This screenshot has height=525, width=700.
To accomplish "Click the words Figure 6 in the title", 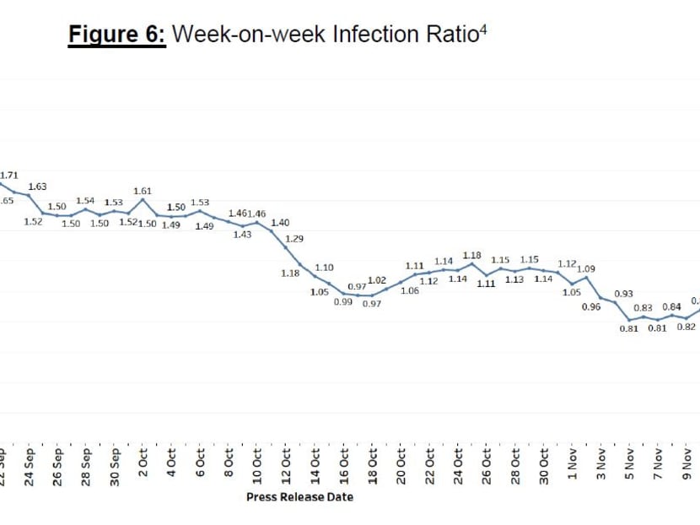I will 116,35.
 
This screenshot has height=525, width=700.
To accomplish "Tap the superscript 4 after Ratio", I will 485,29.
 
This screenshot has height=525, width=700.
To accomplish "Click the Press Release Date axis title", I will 299,496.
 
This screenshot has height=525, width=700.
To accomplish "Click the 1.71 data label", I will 9,175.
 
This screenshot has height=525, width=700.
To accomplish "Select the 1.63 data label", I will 38,187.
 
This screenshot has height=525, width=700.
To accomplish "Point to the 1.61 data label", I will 143,191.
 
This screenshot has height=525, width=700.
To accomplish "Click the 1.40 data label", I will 280,223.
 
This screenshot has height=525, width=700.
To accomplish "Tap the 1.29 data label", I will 294,239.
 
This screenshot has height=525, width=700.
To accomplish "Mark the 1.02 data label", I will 377,280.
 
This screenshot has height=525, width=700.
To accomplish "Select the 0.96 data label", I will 591,306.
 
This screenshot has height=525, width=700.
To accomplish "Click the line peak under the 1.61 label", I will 143,200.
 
